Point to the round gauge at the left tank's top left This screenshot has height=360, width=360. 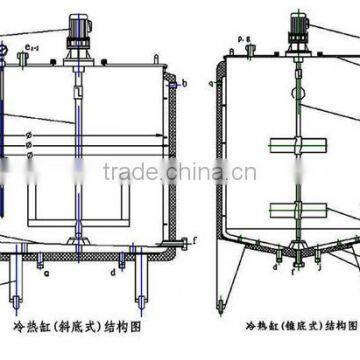tap(6, 48)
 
